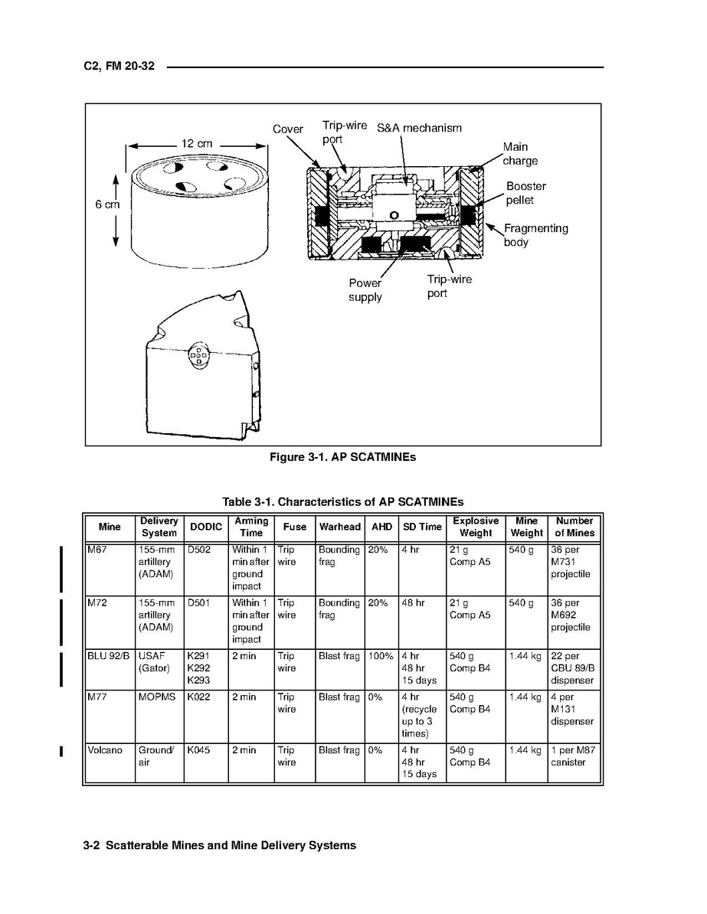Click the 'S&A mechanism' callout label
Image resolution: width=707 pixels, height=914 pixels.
tap(419, 128)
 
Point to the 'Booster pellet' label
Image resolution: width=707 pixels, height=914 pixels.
tap(525, 193)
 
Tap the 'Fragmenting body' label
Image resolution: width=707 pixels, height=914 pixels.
tap(535, 235)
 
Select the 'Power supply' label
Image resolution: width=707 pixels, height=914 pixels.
tap(365, 290)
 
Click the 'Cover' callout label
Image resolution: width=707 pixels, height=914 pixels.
tap(288, 129)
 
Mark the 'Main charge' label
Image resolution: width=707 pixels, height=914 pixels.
tap(520, 154)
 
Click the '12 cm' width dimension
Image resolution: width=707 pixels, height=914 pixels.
tap(197, 143)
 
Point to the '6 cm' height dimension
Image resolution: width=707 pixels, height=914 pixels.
tap(107, 204)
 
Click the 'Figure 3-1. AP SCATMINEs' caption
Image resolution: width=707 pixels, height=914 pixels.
tap(342, 457)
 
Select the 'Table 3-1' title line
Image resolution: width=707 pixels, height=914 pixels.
tap(342, 502)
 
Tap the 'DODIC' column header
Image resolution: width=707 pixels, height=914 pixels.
tap(205, 527)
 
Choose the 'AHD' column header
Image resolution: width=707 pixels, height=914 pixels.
tap(381, 527)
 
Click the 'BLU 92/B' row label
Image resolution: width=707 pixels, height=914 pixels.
tap(109, 656)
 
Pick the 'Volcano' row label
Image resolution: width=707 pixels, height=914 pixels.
tap(105, 750)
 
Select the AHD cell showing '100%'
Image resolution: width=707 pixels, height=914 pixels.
tap(381, 656)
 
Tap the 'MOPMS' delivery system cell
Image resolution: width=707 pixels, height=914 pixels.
tap(156, 697)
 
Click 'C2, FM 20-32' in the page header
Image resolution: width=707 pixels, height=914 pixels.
tap(119, 67)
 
